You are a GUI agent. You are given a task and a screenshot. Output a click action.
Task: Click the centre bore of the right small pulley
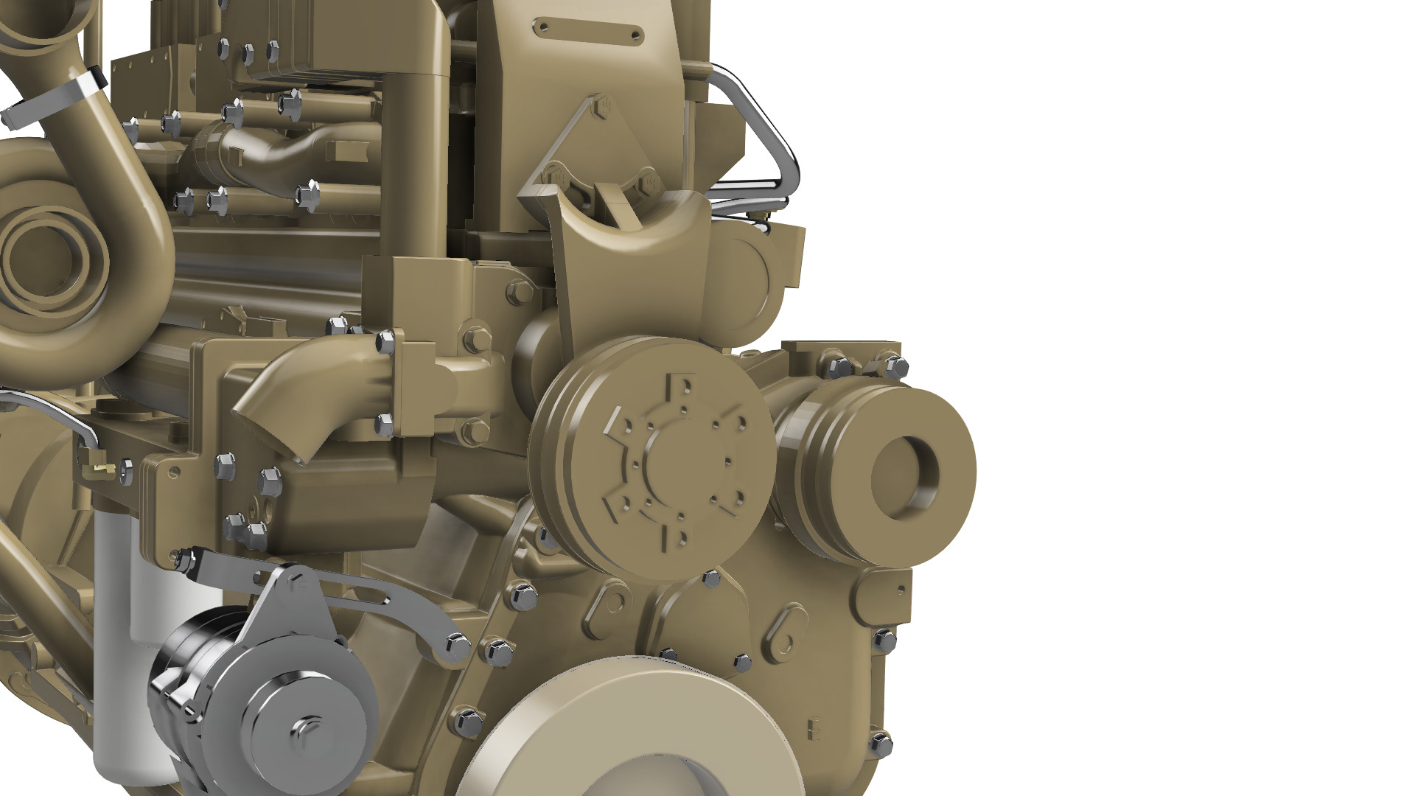coord(905,476)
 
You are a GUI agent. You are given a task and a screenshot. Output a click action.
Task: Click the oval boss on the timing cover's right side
coord(785,630)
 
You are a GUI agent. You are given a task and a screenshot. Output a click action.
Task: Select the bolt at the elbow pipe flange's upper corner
coord(385,341)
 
